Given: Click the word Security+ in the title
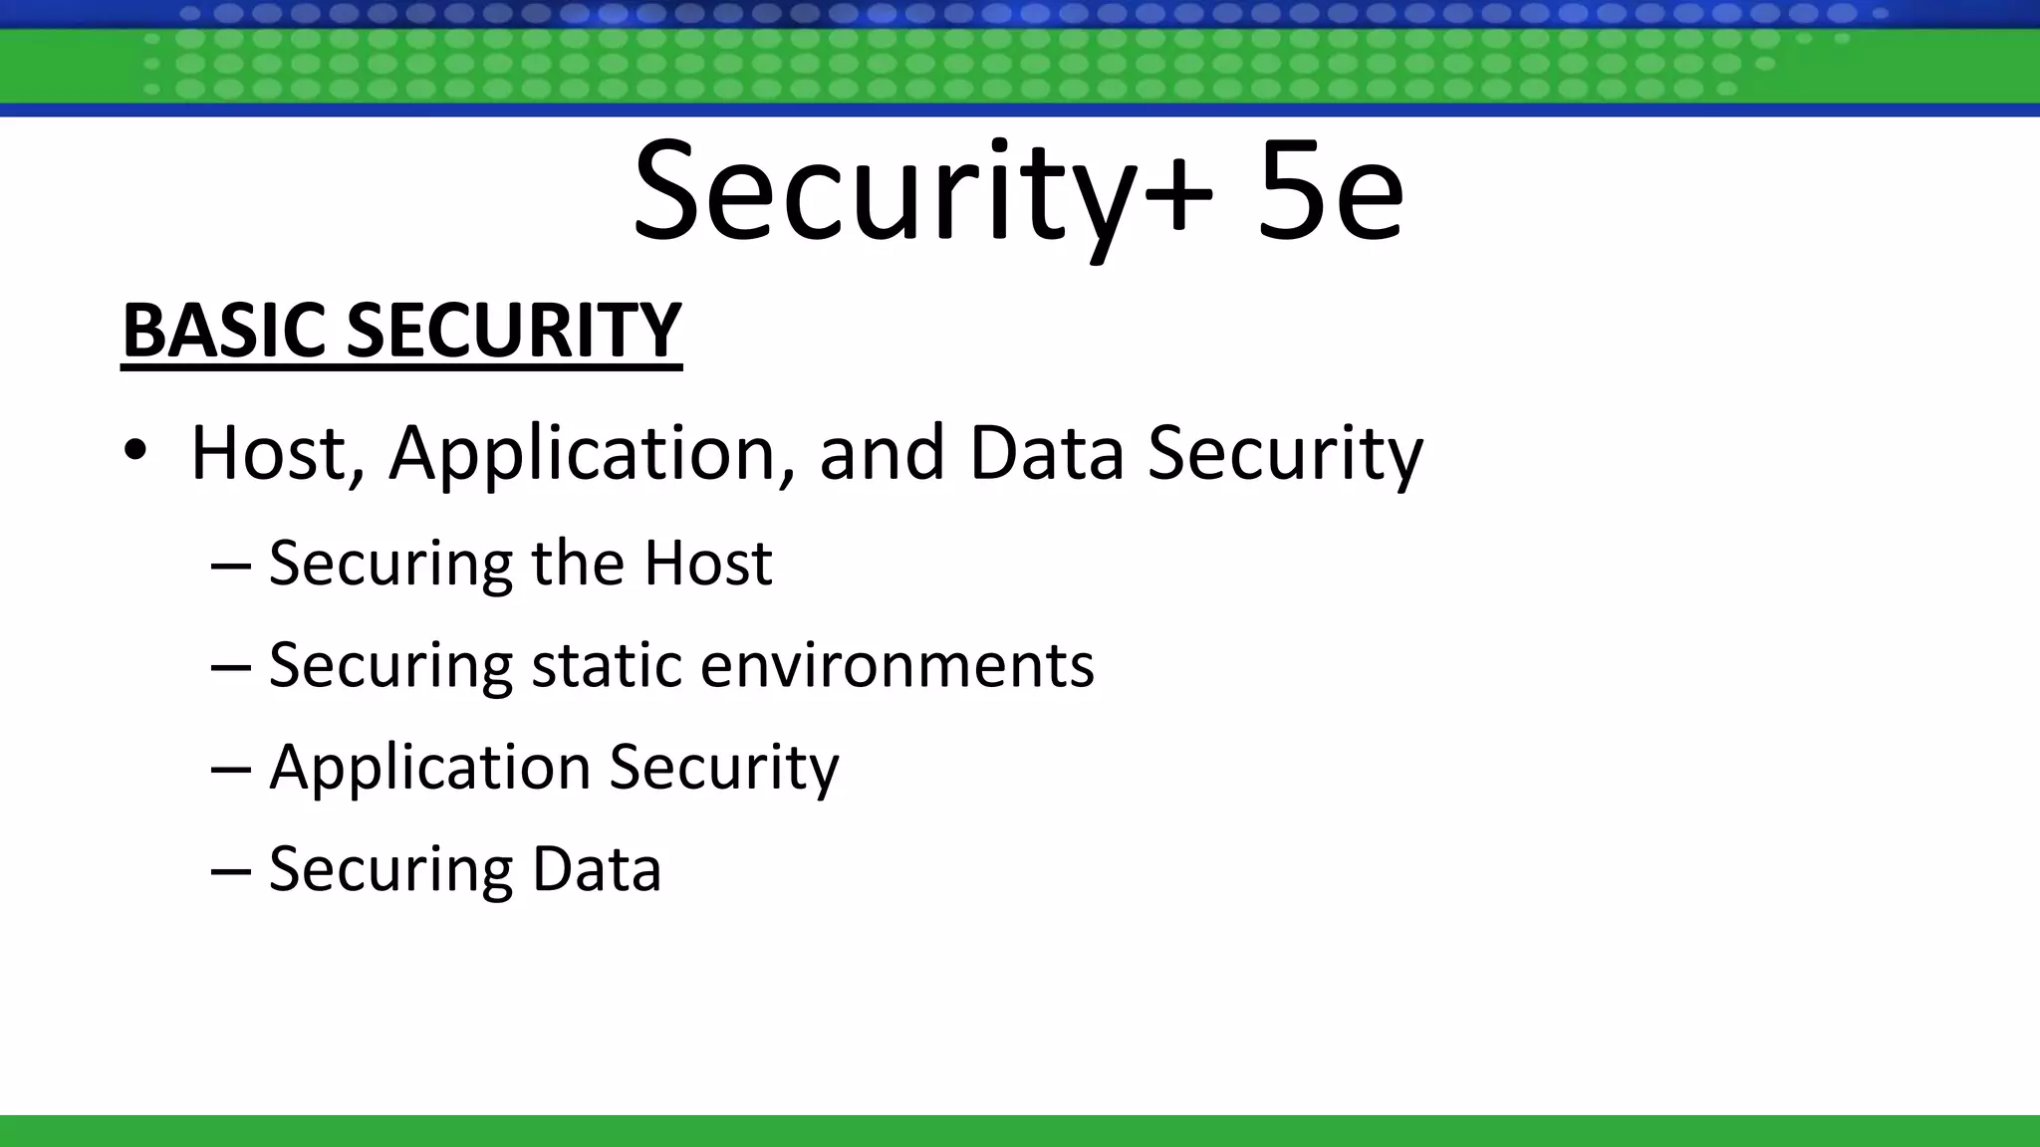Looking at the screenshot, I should click(x=922, y=193).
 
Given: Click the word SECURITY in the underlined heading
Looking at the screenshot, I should click(x=513, y=331).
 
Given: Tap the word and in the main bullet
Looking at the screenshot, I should click(x=882, y=453).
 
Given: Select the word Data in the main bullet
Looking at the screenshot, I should click(x=1046, y=453).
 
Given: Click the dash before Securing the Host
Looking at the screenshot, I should click(x=230, y=564).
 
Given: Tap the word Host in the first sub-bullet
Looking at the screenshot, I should click(x=707, y=563).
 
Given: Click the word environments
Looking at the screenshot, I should click(x=896, y=665).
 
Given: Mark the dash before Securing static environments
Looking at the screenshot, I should click(x=230, y=666).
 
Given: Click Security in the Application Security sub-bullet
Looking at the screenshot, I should click(x=724, y=769).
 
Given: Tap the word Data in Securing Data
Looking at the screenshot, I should click(x=597, y=868).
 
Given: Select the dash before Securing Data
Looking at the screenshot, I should click(x=230, y=870).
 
